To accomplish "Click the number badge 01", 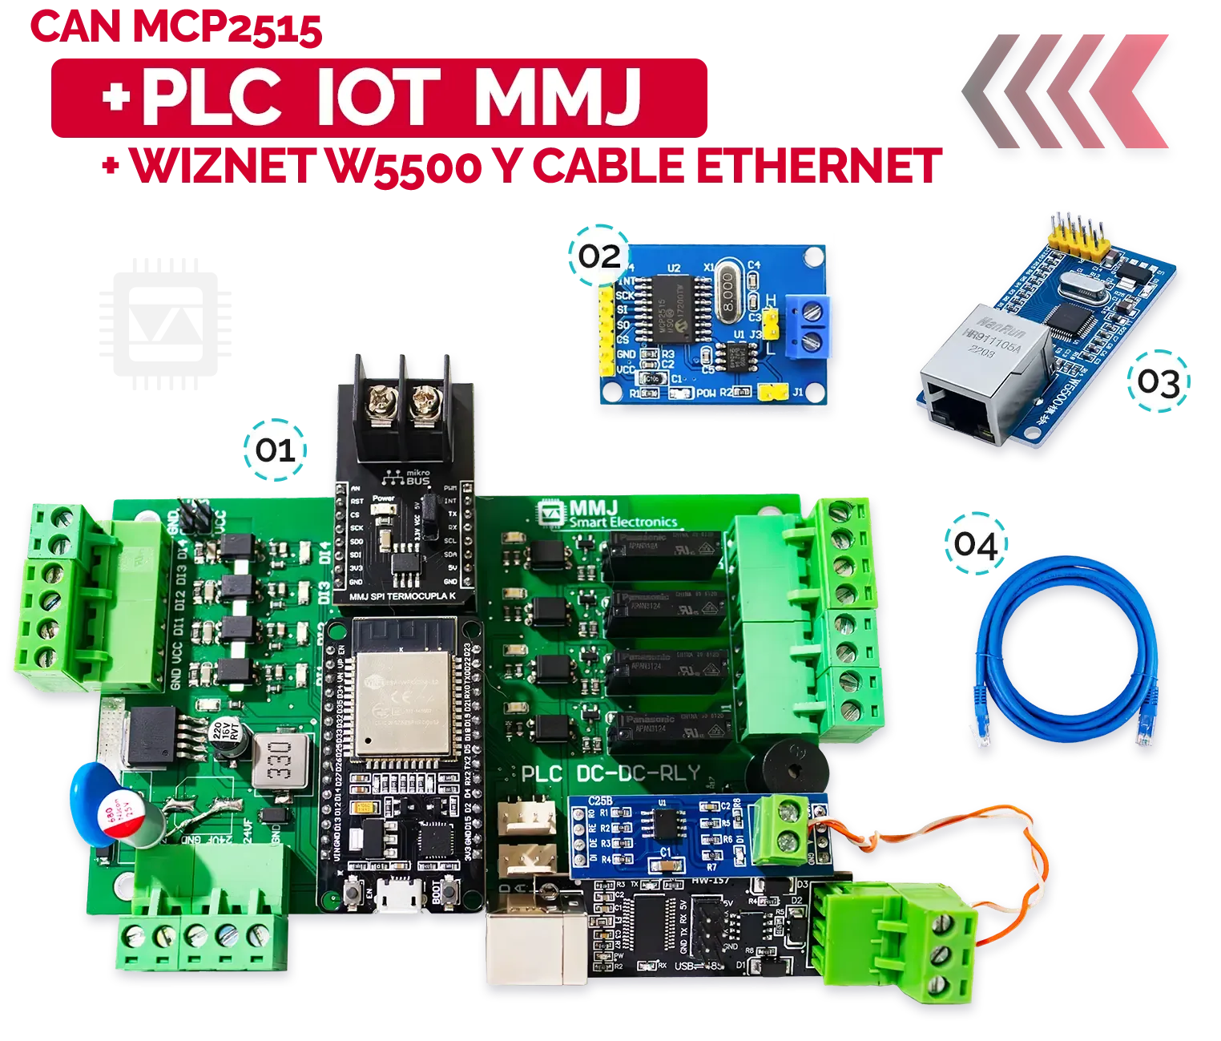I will click(x=276, y=450).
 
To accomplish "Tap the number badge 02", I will click(x=600, y=256).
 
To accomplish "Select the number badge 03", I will click(x=1159, y=382).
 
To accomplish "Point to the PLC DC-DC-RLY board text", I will click(x=610, y=775).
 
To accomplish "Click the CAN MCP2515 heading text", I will click(x=178, y=29).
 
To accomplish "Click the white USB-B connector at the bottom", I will click(x=528, y=950).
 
